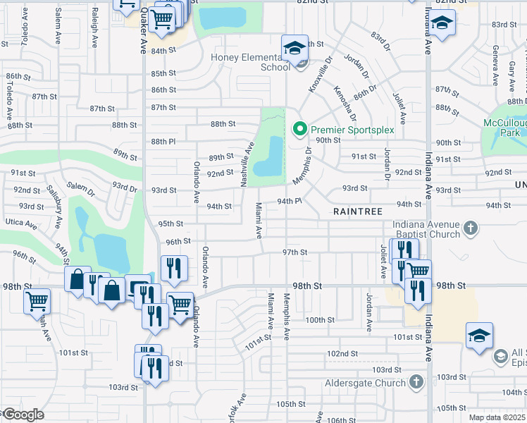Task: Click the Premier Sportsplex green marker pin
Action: [300, 129]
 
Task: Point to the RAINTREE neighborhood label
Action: [358, 211]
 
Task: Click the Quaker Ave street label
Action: [143, 32]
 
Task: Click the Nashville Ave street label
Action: [247, 164]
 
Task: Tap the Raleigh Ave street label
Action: [94, 29]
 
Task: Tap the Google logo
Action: [23, 415]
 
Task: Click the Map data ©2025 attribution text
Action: [496, 417]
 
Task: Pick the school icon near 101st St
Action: [479, 336]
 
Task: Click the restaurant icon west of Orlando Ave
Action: [173, 269]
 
